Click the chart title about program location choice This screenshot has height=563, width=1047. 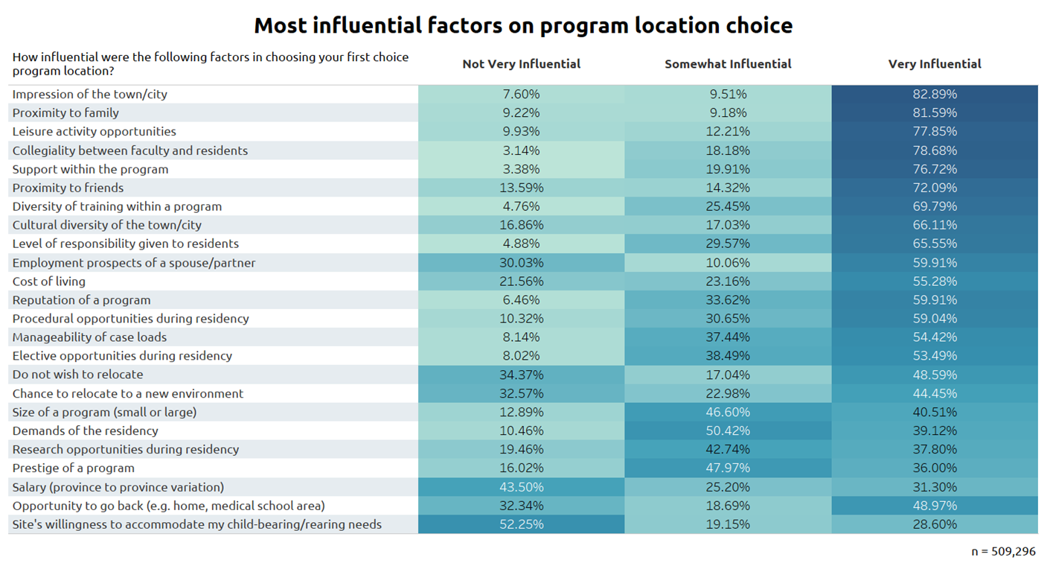point(523,25)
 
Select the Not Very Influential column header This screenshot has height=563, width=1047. point(521,64)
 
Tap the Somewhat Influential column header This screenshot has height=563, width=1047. point(728,64)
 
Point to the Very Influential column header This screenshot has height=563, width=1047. point(935,64)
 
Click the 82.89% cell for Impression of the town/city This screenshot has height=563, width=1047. point(935,94)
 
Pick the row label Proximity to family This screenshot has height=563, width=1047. point(65,112)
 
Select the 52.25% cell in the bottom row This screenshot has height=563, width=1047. point(521,524)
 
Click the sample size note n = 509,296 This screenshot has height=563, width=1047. point(1003,552)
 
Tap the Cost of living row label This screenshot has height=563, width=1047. point(48,281)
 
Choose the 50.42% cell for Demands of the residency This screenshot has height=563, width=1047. point(728,430)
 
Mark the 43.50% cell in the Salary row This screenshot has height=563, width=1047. point(521,487)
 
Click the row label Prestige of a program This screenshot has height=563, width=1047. point(74,468)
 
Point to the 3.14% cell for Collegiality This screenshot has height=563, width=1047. point(521,150)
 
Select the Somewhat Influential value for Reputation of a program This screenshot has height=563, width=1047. point(728,299)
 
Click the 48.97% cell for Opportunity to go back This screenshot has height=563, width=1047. point(935,506)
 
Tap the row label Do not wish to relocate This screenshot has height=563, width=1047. point(77,375)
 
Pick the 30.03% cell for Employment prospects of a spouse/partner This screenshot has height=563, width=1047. point(521,263)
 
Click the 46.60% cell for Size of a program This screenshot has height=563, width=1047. point(728,412)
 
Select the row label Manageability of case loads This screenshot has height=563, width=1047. point(89,337)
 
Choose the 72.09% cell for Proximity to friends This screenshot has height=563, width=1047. point(935,188)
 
